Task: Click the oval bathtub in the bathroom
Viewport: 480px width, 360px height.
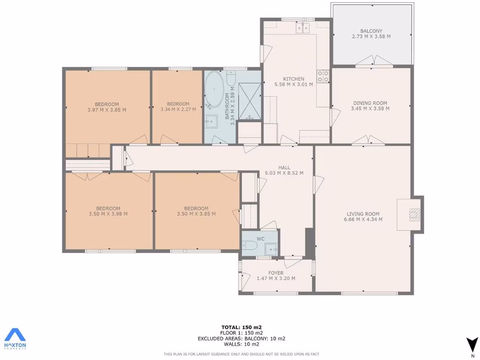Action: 215,89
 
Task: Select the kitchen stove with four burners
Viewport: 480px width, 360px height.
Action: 323,76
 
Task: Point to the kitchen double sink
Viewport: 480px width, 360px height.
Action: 302,29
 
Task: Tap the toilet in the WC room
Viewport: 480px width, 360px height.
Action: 250,246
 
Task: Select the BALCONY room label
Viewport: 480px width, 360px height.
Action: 371,31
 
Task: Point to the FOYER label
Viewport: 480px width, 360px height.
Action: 276,273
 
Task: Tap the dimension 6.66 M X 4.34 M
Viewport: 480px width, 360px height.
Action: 363,219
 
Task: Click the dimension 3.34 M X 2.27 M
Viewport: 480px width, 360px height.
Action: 178,110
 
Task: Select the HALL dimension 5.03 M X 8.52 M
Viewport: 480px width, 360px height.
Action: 284,173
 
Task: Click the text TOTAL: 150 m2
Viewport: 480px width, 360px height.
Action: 241,327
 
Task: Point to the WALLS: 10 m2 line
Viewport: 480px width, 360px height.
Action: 241,344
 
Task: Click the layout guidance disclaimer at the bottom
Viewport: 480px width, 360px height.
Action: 241,354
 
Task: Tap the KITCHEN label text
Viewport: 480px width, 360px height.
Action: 293,79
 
